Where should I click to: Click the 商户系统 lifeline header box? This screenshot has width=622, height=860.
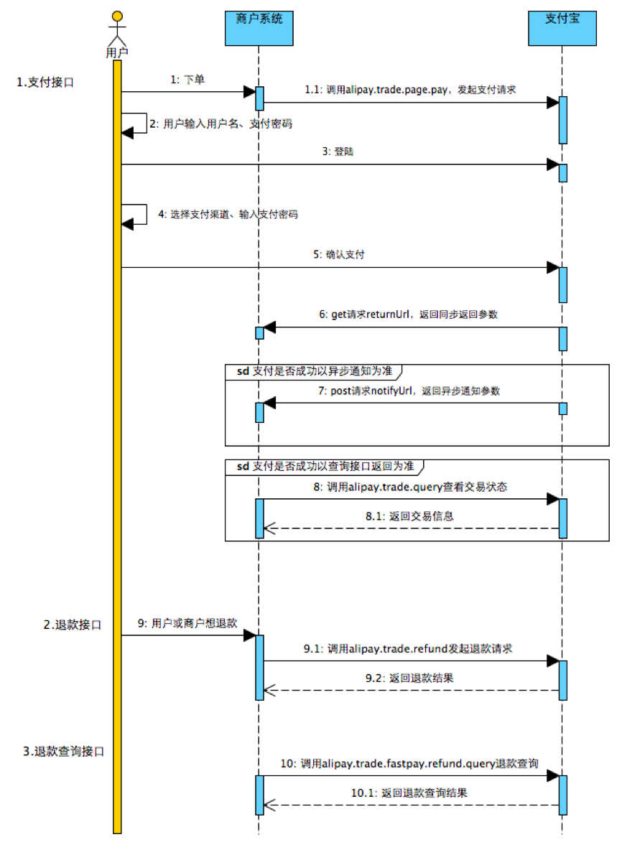coord(259,28)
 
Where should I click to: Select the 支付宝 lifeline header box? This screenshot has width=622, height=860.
coord(562,28)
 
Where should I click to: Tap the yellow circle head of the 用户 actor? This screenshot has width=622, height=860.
coord(117,17)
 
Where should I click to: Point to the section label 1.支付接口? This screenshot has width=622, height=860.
coord(45,83)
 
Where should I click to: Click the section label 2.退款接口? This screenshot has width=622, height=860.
coord(73,625)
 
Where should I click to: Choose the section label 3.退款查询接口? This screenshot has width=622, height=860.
coord(64,751)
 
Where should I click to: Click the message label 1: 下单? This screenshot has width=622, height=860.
coord(187,80)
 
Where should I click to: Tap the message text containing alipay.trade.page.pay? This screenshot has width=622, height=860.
coord(410,90)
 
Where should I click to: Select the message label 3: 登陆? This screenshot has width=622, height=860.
coord(338,151)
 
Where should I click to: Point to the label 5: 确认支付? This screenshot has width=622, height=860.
coord(339,255)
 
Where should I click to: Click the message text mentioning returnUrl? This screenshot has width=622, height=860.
coord(409,314)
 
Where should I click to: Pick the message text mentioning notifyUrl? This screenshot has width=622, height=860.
coord(409,391)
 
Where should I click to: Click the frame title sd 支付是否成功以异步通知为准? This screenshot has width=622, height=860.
coord(315,371)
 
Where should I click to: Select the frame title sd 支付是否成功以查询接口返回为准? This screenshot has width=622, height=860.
coord(325,466)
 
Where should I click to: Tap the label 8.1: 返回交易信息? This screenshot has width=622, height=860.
coord(409,516)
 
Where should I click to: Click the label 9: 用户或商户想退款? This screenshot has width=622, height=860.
coord(187,623)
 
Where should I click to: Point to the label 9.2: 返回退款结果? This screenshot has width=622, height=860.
coord(409,678)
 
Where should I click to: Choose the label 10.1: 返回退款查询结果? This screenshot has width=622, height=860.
coord(409,793)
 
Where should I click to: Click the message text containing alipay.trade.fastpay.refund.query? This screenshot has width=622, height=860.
coord(409,764)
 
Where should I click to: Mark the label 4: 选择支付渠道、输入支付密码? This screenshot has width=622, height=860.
coord(228,214)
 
